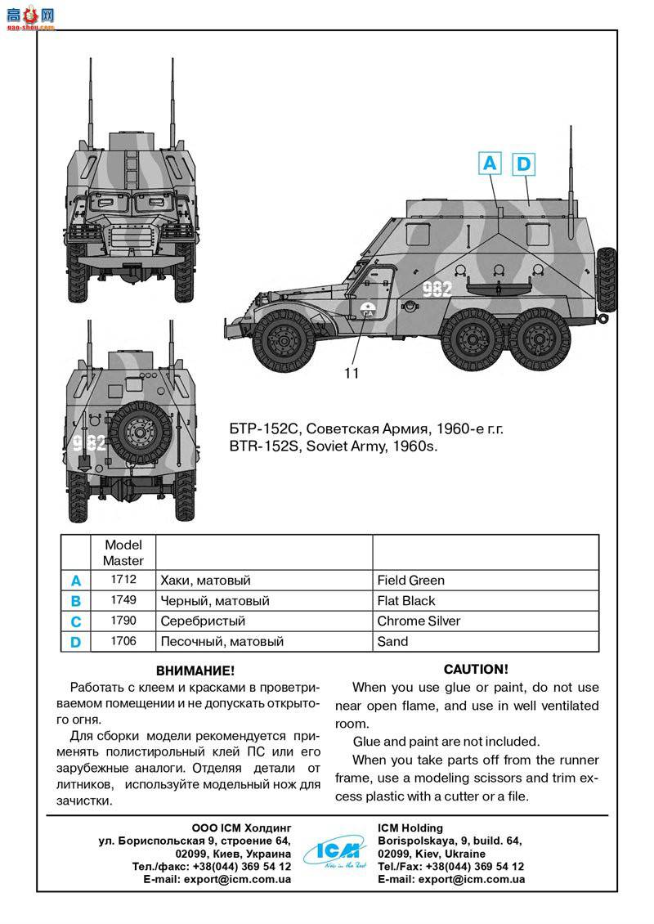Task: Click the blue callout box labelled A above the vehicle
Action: [489, 164]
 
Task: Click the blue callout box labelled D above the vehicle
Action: [523, 164]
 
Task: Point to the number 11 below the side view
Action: [352, 374]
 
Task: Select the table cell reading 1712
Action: [123, 580]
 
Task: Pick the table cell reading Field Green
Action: [411, 581]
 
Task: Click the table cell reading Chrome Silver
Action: [419, 621]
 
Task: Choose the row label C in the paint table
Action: [76, 621]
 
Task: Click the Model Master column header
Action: [123, 553]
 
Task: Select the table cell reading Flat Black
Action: [406, 601]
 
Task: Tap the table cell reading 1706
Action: [123, 642]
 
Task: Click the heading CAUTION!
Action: [476, 669]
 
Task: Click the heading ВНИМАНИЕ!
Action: [195, 671]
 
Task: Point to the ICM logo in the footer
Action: [334, 852]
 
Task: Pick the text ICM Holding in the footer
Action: [410, 828]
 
